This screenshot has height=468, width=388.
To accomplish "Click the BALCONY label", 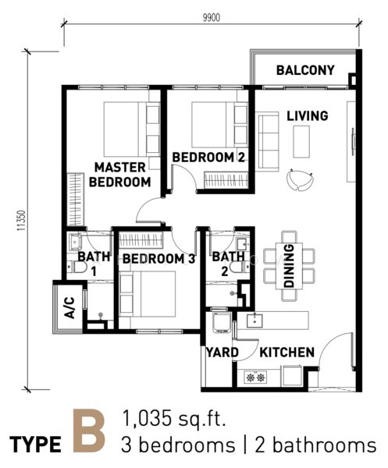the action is [305, 70].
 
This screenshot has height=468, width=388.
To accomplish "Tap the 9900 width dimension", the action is [212, 18].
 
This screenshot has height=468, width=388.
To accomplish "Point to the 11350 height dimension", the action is [21, 221].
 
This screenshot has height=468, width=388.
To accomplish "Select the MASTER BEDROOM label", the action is [119, 175].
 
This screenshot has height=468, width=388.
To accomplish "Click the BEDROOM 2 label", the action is [208, 158].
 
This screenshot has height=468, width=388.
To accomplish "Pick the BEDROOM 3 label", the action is [159, 259].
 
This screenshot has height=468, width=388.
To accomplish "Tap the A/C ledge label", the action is [69, 307].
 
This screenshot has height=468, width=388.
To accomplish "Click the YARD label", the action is [222, 353].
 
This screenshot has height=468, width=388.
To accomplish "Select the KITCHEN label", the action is [287, 353].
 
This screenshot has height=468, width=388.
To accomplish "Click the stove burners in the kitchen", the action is [256, 378].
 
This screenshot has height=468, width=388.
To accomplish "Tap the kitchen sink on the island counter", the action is [255, 321].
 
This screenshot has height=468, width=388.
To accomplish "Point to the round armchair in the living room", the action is [300, 179].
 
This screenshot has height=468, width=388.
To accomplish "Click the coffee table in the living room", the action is [301, 141].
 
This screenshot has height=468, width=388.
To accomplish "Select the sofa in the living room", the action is [267, 141].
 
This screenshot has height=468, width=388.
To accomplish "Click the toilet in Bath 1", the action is [77, 267].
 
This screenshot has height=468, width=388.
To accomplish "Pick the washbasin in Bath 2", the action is [243, 244].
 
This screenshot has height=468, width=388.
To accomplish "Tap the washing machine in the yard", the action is [221, 322].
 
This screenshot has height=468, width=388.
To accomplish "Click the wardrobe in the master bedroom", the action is [75, 200].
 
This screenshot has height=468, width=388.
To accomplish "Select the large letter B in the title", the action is [89, 431].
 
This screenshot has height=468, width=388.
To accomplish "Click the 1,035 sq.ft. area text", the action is [173, 418].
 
